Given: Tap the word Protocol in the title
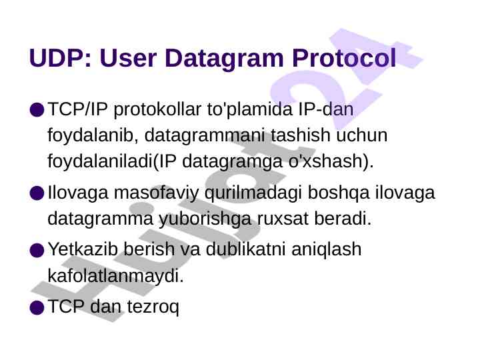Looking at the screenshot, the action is click(344, 58).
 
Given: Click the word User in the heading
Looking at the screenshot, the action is click(128, 58).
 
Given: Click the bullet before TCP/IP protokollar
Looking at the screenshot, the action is click(37, 109).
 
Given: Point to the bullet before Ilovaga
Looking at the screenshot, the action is click(37, 193).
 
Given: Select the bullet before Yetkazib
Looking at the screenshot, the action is click(37, 250).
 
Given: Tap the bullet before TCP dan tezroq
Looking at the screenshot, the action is click(37, 307).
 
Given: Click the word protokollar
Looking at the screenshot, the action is click(157, 110).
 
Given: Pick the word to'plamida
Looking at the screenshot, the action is click(250, 110).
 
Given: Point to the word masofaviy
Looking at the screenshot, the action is click(156, 193).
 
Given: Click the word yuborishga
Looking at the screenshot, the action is click(205, 219).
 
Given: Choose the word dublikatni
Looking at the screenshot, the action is click(245, 249).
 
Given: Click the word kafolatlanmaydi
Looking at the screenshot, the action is click(113, 276).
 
